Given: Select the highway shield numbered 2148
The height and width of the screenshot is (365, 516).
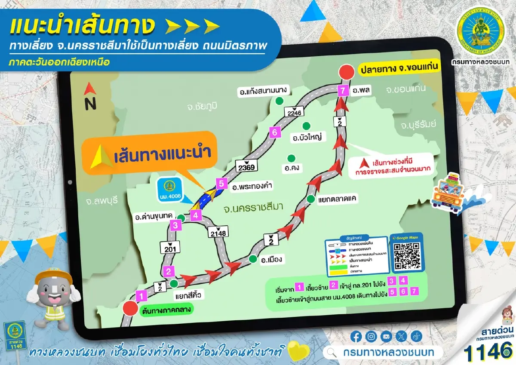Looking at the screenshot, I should pyautogui.click(x=218, y=232).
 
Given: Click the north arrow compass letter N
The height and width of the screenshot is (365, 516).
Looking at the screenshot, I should pyautogui.click(x=90, y=104).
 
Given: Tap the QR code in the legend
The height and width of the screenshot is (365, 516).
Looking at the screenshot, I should pyautogui.click(x=406, y=257).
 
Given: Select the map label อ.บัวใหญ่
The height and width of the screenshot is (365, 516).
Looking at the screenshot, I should pyautogui.click(x=307, y=138).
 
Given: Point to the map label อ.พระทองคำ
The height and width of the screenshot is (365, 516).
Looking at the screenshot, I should pyautogui.click(x=253, y=187).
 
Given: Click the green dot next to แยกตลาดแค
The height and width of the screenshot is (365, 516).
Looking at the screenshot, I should pyautogui.click(x=310, y=199).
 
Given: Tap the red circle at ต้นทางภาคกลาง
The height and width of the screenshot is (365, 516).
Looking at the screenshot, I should pyautogui.click(x=129, y=308).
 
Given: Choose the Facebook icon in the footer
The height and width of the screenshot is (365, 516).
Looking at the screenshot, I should pyautogui.click(x=356, y=336).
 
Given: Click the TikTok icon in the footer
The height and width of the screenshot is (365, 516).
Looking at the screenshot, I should pyautogui.click(x=416, y=336).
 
